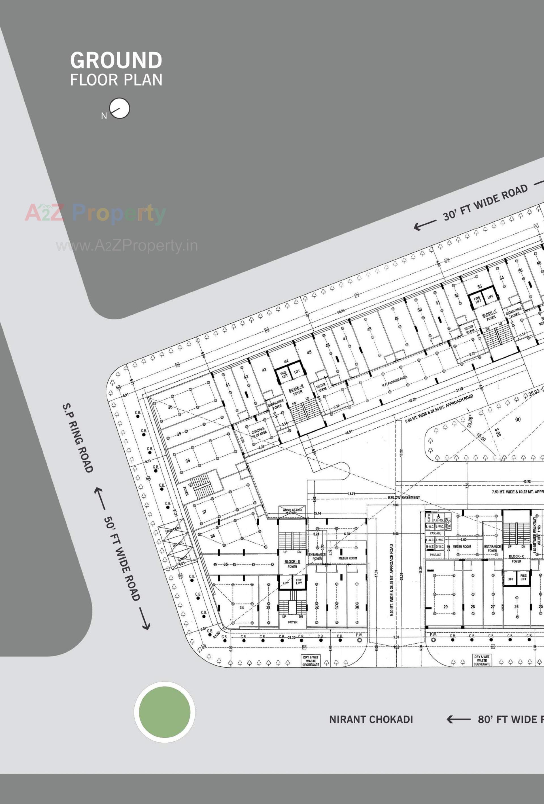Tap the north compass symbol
tap(120, 108)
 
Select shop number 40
tap(170, 407)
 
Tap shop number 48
tap(369, 329)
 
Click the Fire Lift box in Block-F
tap(477, 300)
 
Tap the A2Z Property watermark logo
tap(95, 213)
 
